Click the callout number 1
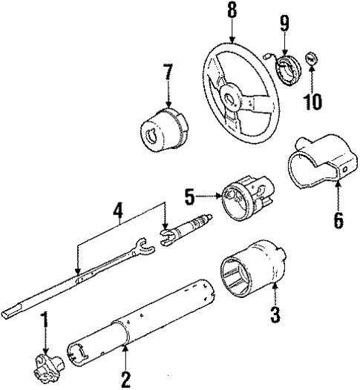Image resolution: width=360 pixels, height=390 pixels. (44, 322)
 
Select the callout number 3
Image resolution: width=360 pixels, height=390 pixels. (275, 314)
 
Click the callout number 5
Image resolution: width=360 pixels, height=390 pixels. (189, 196)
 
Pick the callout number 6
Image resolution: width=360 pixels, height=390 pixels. (338, 220)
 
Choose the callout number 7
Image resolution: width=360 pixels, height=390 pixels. (168, 74)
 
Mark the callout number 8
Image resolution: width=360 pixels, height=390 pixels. (232, 11)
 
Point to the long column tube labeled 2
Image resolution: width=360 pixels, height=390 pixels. (141, 319)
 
